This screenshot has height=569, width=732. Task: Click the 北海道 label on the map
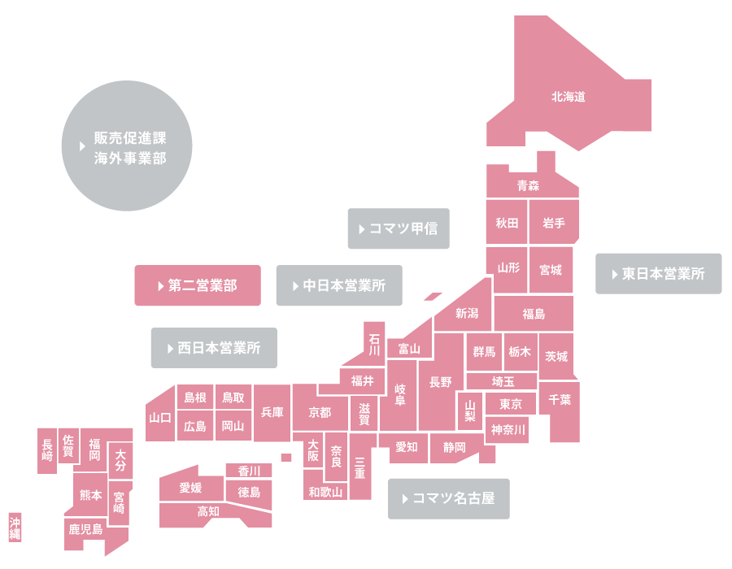[569, 97]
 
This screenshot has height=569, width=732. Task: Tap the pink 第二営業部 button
[198, 285]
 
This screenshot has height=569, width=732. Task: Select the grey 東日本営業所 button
[658, 274]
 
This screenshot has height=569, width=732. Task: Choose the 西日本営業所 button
[214, 348]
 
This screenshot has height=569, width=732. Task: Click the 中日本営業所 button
[339, 285]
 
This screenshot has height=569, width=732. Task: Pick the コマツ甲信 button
[399, 228]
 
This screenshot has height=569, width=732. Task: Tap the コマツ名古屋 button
[449, 498]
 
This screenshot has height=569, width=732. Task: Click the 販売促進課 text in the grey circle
[130, 138]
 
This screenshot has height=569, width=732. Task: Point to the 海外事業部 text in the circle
[130, 159]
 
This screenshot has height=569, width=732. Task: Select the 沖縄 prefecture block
[15, 528]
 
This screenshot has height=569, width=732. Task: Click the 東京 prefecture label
[510, 404]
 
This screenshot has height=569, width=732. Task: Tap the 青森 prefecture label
[528, 185]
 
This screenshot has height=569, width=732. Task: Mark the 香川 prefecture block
[249, 471]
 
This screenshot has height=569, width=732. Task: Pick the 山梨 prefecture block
[469, 410]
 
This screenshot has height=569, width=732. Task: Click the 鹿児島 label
[85, 529]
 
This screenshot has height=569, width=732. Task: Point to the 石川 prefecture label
[374, 345]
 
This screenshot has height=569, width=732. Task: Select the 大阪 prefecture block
[313, 450]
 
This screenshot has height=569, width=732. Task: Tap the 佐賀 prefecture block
[68, 446]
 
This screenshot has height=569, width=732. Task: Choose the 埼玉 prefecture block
[502, 381]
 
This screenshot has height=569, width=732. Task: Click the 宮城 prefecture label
[551, 270]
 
